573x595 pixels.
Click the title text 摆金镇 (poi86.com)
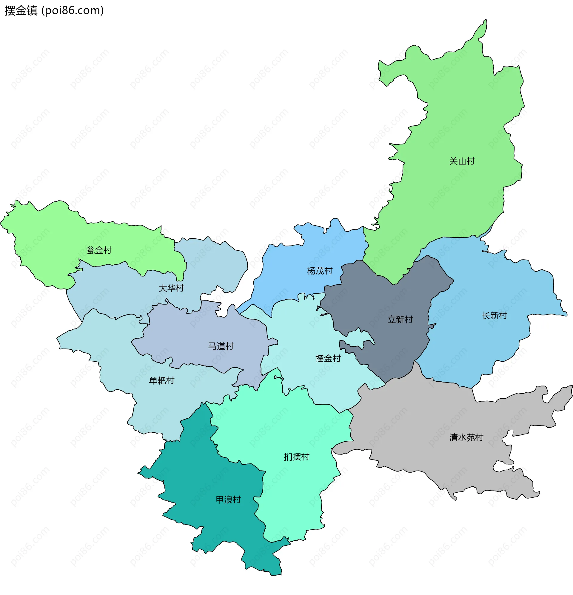click(x=54, y=11)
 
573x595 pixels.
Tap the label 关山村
click(x=462, y=161)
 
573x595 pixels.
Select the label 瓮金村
click(x=99, y=250)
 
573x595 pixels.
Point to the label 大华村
click(x=171, y=288)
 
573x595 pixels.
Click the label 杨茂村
click(x=319, y=271)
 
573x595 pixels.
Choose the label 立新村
click(x=400, y=320)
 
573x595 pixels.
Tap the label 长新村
click(x=494, y=316)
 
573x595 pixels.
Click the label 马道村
click(x=221, y=346)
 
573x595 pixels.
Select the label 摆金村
click(x=328, y=358)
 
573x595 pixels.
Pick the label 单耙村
click(x=161, y=380)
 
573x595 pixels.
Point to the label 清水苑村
click(x=466, y=437)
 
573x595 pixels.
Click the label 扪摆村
click(x=296, y=457)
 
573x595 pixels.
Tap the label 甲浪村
click(x=228, y=500)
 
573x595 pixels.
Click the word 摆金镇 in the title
click(x=21, y=11)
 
